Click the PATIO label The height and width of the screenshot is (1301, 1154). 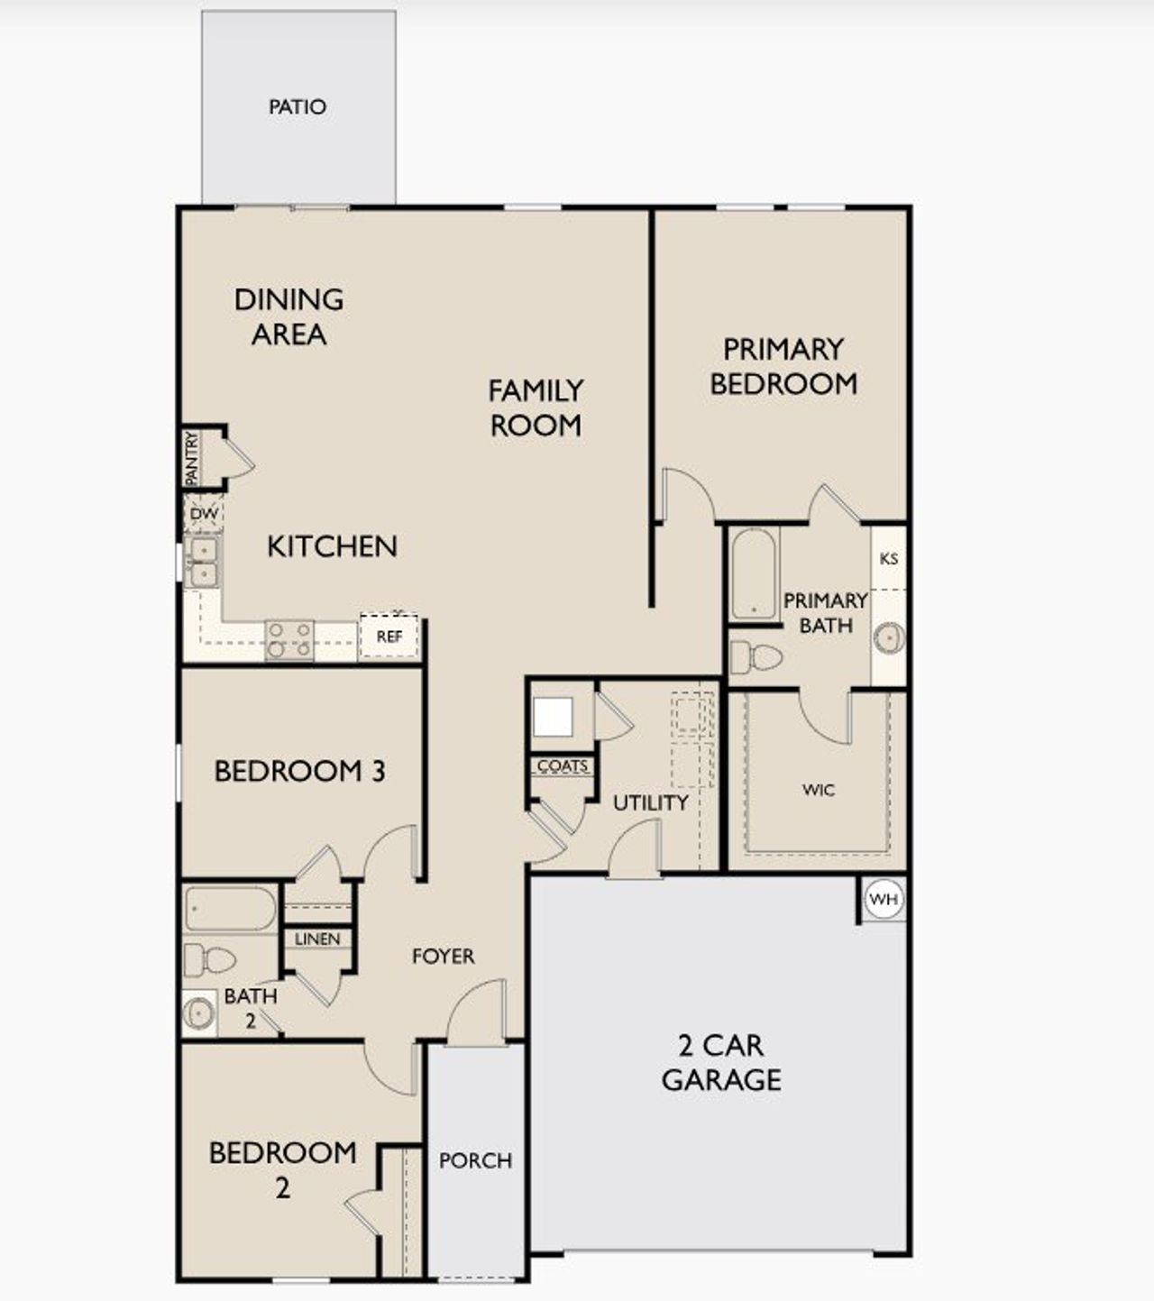point(297,106)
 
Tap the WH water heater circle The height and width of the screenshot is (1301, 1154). point(883,899)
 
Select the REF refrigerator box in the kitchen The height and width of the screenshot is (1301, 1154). point(389,637)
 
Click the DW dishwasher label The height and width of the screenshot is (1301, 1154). point(205,514)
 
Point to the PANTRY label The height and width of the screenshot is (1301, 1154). point(191,459)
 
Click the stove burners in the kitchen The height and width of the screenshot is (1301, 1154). point(289,639)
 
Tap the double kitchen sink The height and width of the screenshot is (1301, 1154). point(203,561)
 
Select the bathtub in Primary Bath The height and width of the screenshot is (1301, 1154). point(754,574)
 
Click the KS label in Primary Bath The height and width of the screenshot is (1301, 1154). point(889,559)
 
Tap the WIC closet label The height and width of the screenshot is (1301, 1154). point(818,791)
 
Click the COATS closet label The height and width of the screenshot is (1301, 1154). point(563,766)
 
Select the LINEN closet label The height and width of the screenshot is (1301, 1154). point(317,939)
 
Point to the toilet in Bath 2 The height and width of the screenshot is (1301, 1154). point(209,960)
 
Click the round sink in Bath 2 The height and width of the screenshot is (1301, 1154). point(198,1013)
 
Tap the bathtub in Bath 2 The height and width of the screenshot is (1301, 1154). point(230,909)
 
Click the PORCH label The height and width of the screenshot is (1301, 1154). point(475,1161)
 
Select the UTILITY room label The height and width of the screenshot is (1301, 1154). point(650,802)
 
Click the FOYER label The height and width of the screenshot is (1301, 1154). point(443,957)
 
